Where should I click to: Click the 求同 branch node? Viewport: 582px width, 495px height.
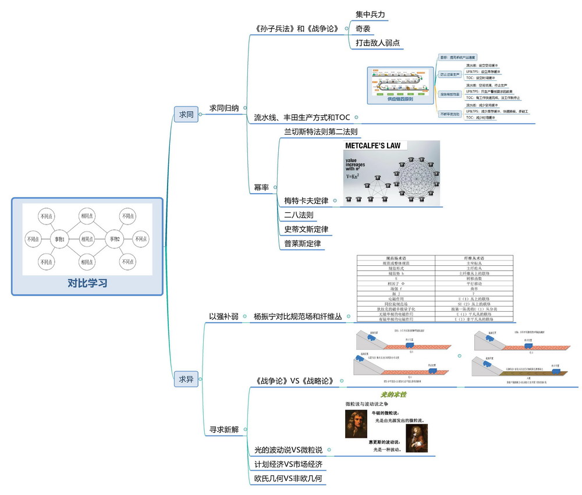[186, 115]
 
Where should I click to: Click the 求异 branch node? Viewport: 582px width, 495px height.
[186, 379]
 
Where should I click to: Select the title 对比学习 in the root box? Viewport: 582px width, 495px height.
[87, 284]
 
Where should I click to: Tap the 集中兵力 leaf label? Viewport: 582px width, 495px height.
[370, 14]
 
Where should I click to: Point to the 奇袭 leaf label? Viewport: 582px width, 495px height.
[363, 29]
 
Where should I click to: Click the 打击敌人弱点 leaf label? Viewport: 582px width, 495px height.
[378, 43]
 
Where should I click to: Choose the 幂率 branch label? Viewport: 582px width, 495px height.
[261, 187]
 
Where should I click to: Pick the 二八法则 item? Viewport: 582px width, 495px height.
[299, 215]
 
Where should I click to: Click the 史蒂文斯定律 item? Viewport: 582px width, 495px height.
[306, 230]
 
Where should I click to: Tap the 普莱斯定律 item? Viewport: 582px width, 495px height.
[303, 244]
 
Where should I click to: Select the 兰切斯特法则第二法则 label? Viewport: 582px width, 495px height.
[321, 132]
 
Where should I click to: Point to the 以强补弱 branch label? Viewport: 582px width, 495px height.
[224, 317]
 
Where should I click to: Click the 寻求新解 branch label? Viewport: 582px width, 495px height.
[224, 430]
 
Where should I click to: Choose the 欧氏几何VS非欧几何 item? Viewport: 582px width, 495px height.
[288, 479]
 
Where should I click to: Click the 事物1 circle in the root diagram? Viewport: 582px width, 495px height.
[59, 238]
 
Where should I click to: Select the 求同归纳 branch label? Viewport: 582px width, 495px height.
[228, 108]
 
